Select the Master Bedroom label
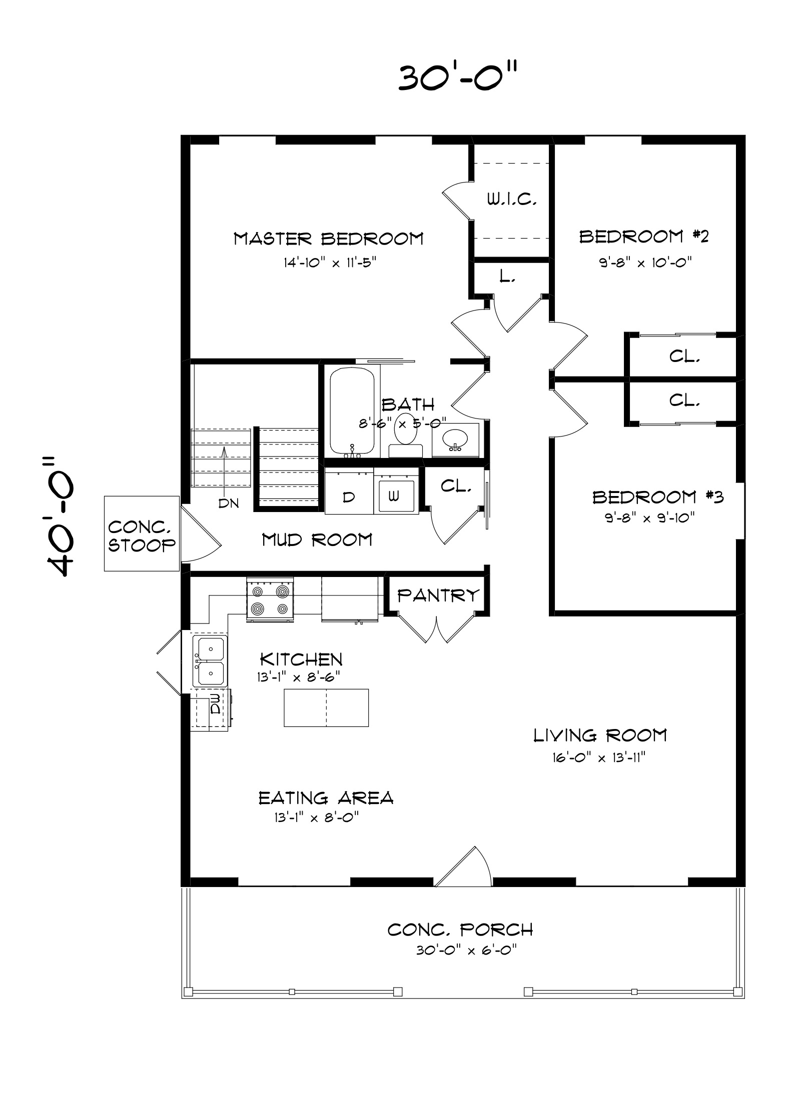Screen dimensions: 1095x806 tap(328, 238)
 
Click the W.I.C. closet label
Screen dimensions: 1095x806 tap(512, 200)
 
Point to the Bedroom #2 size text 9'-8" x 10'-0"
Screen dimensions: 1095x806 tap(645, 262)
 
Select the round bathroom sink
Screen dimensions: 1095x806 tap(455, 439)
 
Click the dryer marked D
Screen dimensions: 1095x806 tap(349, 496)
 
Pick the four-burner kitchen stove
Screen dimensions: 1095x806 tap(270, 600)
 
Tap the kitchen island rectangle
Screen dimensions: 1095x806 tap(326, 707)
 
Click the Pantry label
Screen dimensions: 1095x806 tap(438, 595)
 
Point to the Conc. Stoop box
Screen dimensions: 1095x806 tap(142, 533)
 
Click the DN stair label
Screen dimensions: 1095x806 tap(228, 503)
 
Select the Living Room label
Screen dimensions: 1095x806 tap(600, 735)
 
